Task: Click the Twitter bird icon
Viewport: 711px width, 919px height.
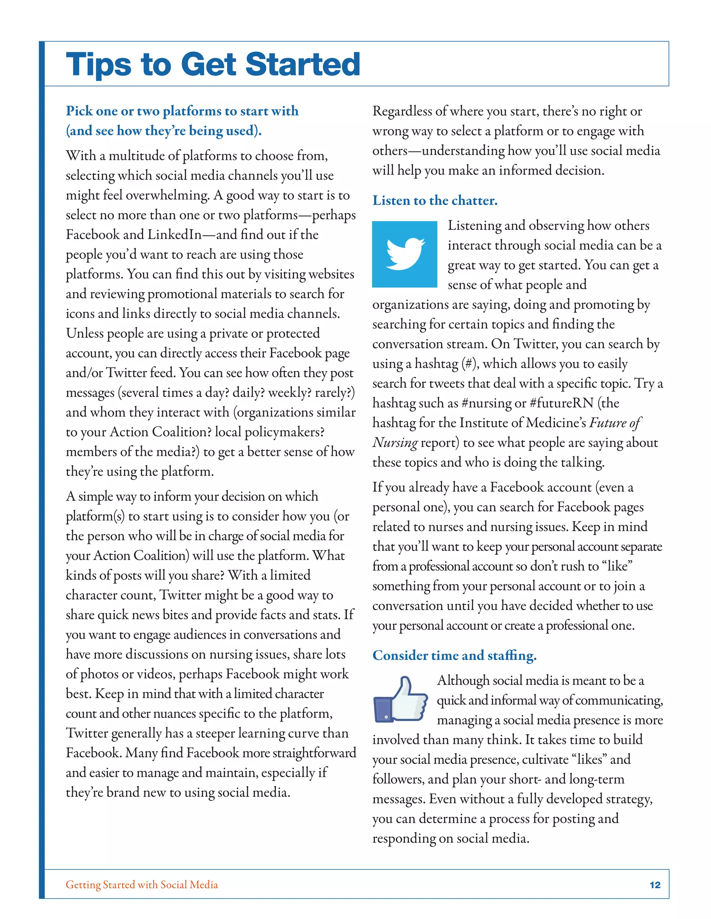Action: click(x=404, y=254)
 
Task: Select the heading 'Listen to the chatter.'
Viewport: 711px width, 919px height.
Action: click(x=435, y=200)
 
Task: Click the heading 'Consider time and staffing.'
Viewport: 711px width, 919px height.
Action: click(x=454, y=655)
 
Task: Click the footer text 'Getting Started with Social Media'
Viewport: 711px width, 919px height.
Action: click(x=142, y=885)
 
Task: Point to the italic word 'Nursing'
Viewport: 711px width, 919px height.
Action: click(x=395, y=442)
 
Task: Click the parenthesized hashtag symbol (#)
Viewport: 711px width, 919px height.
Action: click(x=470, y=363)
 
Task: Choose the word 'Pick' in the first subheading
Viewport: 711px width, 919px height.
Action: click(x=79, y=111)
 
